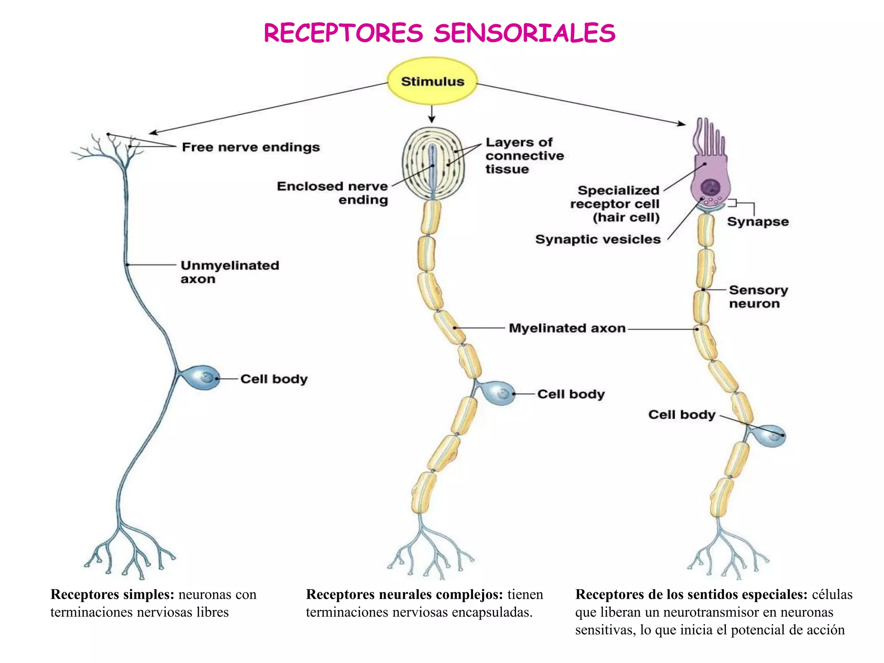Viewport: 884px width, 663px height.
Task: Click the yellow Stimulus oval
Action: [x=433, y=82]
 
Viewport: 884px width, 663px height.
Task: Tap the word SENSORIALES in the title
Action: [x=524, y=34]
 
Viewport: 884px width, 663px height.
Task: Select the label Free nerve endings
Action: [x=251, y=147]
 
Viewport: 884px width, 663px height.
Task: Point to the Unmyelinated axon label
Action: [x=230, y=272]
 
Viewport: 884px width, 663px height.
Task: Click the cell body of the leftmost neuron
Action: [x=203, y=378]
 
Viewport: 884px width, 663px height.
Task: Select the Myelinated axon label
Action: [x=567, y=328]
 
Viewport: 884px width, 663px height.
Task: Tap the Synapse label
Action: [x=758, y=222]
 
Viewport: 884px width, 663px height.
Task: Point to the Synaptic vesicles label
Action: [x=598, y=239]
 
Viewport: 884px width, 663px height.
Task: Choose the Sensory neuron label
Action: [x=758, y=297]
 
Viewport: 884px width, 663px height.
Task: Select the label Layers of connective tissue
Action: [x=524, y=155]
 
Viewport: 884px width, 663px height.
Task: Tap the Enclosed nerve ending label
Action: [x=332, y=193]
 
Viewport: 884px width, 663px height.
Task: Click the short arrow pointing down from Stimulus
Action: [x=432, y=114]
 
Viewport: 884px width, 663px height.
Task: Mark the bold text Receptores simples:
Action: [x=112, y=594]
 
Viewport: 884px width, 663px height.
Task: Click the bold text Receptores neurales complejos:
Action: [x=404, y=594]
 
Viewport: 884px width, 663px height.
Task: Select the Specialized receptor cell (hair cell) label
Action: [x=617, y=204]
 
